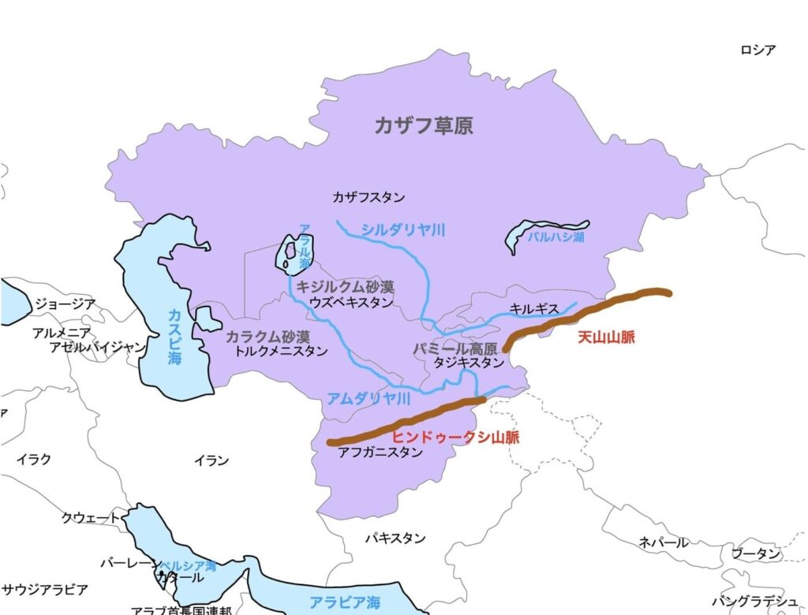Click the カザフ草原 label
coord(424,125)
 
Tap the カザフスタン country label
coord(368,196)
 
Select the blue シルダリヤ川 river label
coord(403,230)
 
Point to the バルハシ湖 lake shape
coord(544,233)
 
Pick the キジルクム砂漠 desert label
coord(345,287)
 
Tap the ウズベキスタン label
coord(350,302)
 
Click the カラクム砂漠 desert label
coord(267,337)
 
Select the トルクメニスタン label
coord(281,352)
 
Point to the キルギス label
coord(535,310)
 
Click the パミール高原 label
coord(455,348)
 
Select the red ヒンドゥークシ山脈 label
coord(455,438)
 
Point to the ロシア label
coord(757,50)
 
